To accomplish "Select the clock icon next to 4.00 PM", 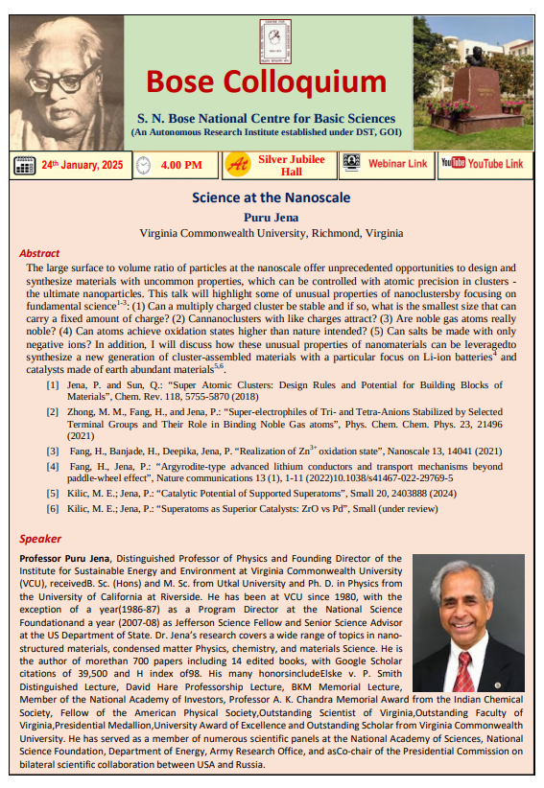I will [x=144, y=165].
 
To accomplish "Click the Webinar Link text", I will [x=397, y=164].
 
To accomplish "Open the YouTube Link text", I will [x=495, y=164].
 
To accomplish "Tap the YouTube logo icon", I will [x=452, y=164].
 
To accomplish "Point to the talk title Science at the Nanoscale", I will [x=271, y=198].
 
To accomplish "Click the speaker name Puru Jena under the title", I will [x=271, y=218].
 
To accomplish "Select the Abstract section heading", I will [x=39, y=253].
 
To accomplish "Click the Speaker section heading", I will [x=40, y=539].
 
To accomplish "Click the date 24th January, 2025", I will [x=82, y=165].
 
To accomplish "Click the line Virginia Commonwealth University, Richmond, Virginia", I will [x=271, y=233].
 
